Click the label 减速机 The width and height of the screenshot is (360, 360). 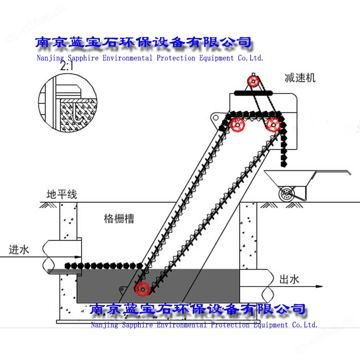[300, 78]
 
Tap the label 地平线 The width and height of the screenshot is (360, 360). [61, 195]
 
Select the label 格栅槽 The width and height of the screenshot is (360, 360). [119, 219]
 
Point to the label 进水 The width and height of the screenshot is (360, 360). [19, 250]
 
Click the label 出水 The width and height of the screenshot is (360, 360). [289, 279]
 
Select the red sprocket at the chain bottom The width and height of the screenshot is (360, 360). [142, 289]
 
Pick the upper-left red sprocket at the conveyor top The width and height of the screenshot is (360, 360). [238, 125]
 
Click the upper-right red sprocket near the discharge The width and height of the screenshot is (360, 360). [273, 124]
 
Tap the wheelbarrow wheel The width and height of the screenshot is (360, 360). [287, 193]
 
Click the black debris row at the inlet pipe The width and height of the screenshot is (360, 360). [103, 265]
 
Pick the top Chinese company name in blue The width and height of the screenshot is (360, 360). [144, 43]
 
